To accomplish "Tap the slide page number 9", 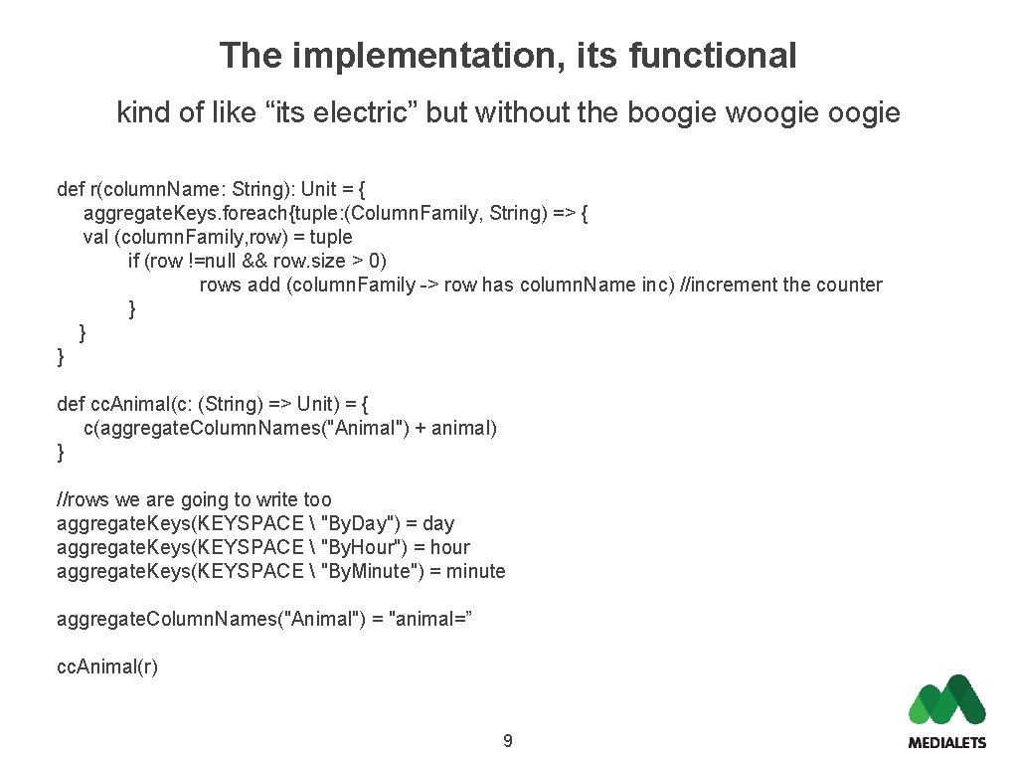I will [508, 740].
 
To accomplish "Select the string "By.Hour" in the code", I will [367, 547].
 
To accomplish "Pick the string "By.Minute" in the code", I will [375, 571].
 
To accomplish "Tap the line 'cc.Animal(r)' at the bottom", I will [107, 667].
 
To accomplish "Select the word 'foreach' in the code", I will [228, 213].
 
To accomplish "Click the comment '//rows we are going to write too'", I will [195, 499].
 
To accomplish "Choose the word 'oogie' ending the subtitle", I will [864, 112].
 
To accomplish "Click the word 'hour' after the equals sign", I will [449, 547].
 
